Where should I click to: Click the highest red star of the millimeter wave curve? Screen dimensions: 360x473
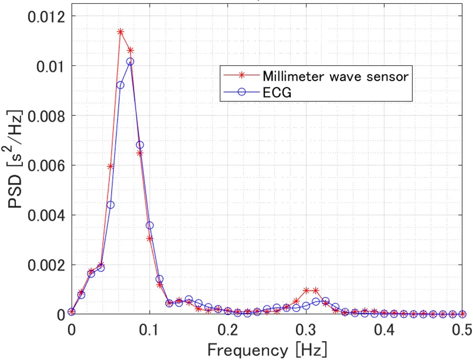pyautogui.click(x=120, y=32)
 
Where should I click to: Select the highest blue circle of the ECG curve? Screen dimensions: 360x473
pyautogui.click(x=130, y=61)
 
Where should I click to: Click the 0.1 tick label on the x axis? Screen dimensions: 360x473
pyautogui.click(x=149, y=329)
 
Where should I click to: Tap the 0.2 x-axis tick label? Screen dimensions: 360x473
pyautogui.click(x=228, y=329)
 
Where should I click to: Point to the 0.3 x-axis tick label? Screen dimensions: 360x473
pyautogui.click(x=306, y=329)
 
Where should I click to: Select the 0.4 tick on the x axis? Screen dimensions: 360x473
pyautogui.click(x=384, y=329)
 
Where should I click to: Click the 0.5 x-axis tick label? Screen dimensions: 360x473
pyautogui.click(x=461, y=329)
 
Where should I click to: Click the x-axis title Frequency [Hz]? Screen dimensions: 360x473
pyautogui.click(x=267, y=349)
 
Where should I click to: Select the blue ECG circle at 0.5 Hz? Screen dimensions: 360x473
pyautogui.click(x=462, y=314)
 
